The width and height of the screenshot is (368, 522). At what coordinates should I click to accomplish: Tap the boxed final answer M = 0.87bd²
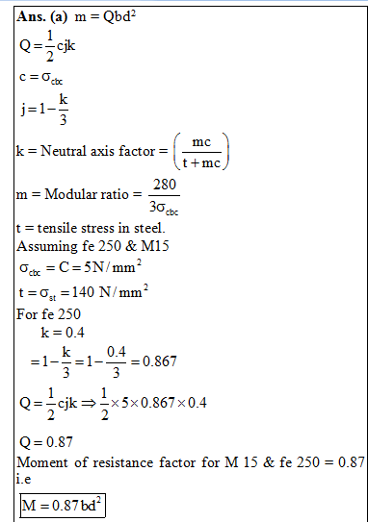(x=59, y=503)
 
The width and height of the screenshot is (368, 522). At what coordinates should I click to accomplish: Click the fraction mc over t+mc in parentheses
(x=201, y=152)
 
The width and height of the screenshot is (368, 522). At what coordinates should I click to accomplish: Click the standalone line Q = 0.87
(x=46, y=443)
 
